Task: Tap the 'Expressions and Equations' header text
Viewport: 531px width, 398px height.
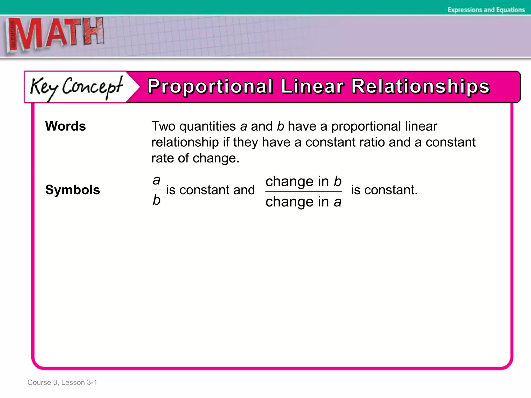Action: [486, 10]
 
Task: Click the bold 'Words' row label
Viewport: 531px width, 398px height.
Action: [65, 126]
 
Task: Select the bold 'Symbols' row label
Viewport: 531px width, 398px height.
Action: [73, 190]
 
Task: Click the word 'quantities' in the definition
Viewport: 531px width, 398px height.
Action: [207, 126]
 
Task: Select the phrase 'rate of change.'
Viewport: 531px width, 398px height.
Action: [195, 158]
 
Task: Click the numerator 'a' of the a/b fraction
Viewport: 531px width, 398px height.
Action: [156, 180]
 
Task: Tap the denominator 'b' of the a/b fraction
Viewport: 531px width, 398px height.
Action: [156, 200]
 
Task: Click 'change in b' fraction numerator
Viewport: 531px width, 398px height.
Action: [304, 181]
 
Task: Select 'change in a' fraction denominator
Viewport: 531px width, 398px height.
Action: [303, 202]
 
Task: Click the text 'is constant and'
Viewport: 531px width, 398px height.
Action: [211, 190]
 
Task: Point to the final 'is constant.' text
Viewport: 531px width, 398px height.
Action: [384, 190]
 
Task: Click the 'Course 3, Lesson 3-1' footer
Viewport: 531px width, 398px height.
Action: [62, 382]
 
